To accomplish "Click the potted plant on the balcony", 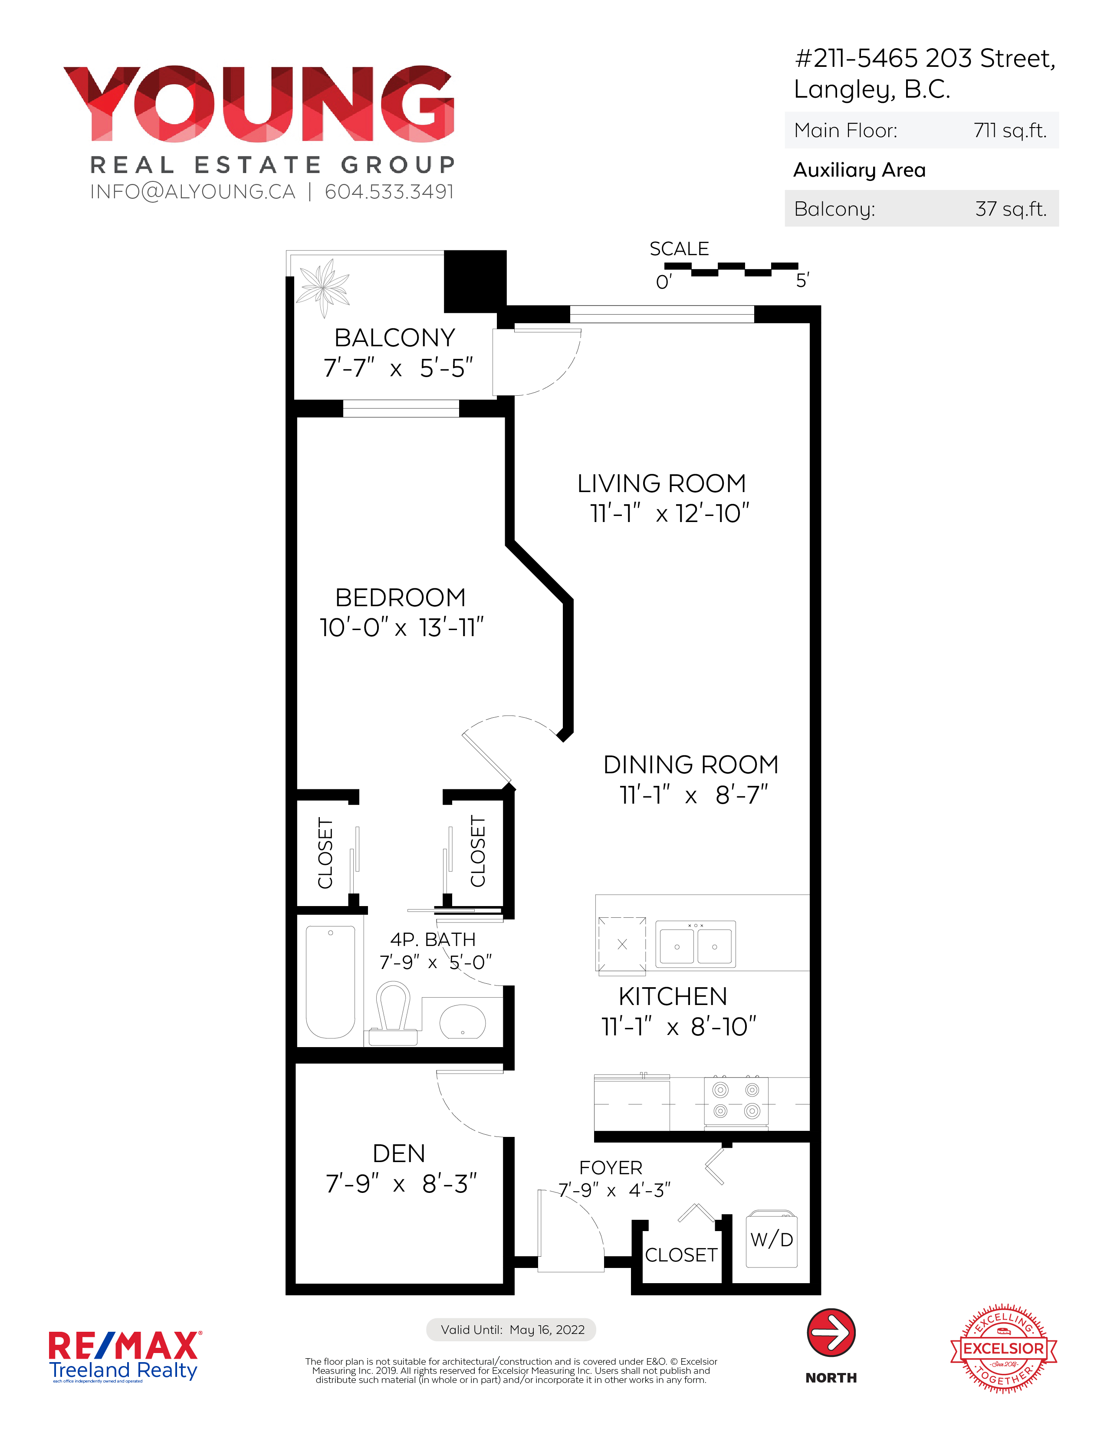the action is pyautogui.click(x=323, y=287).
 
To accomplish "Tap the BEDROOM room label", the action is pyautogui.click(x=400, y=598).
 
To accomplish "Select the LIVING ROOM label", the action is pyautogui.click(x=662, y=483).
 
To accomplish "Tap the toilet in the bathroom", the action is pyautogui.click(x=393, y=1013).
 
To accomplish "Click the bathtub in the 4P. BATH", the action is pyautogui.click(x=331, y=982).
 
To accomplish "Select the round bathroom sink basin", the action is pyautogui.click(x=462, y=1021).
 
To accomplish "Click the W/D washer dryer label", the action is pyautogui.click(x=772, y=1239).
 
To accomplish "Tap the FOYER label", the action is pyautogui.click(x=611, y=1168).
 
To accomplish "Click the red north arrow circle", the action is pyautogui.click(x=831, y=1333).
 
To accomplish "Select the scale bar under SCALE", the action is pyautogui.click(x=731, y=269).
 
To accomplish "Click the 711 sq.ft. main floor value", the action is pyautogui.click(x=1010, y=131).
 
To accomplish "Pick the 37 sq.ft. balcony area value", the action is pyautogui.click(x=1011, y=208).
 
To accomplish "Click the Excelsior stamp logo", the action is pyautogui.click(x=1003, y=1348).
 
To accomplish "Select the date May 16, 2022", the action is pyautogui.click(x=547, y=1330).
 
